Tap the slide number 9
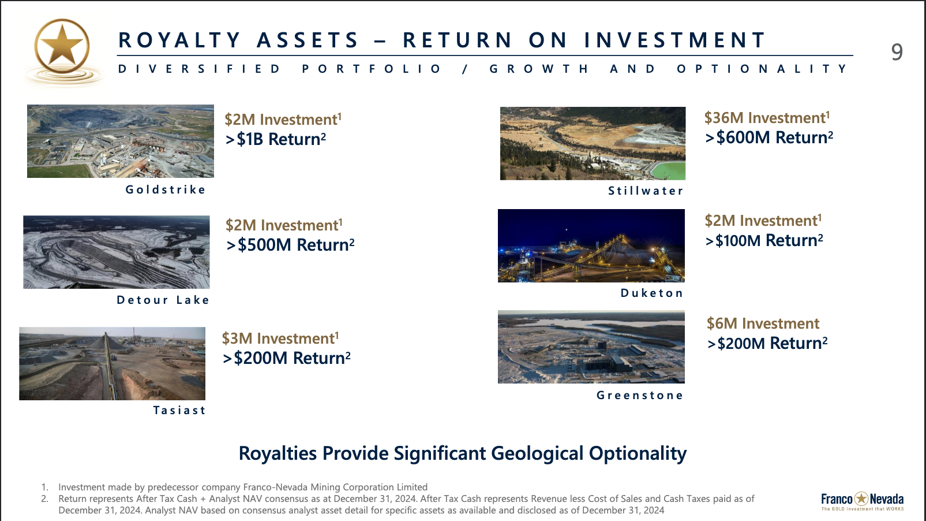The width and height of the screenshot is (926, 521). (x=897, y=53)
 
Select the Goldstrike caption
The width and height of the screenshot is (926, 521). (x=166, y=189)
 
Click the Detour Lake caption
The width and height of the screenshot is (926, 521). (x=163, y=300)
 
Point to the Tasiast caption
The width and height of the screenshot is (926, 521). (x=179, y=410)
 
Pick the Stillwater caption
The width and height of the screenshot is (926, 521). (x=646, y=191)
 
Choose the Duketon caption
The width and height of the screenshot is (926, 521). (x=652, y=293)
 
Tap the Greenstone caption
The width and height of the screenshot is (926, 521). (x=640, y=395)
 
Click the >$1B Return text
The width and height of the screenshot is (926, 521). (x=276, y=139)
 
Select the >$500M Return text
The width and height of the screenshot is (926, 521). (x=290, y=245)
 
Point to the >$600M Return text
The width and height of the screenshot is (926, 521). (x=769, y=137)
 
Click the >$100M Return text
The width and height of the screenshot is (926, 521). (x=764, y=240)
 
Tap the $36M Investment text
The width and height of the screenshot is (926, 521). (x=767, y=118)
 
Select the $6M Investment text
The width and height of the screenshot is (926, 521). (x=763, y=323)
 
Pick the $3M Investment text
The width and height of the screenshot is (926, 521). (x=280, y=338)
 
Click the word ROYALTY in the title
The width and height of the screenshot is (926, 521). (x=179, y=40)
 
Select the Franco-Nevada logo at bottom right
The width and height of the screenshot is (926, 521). (x=863, y=501)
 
